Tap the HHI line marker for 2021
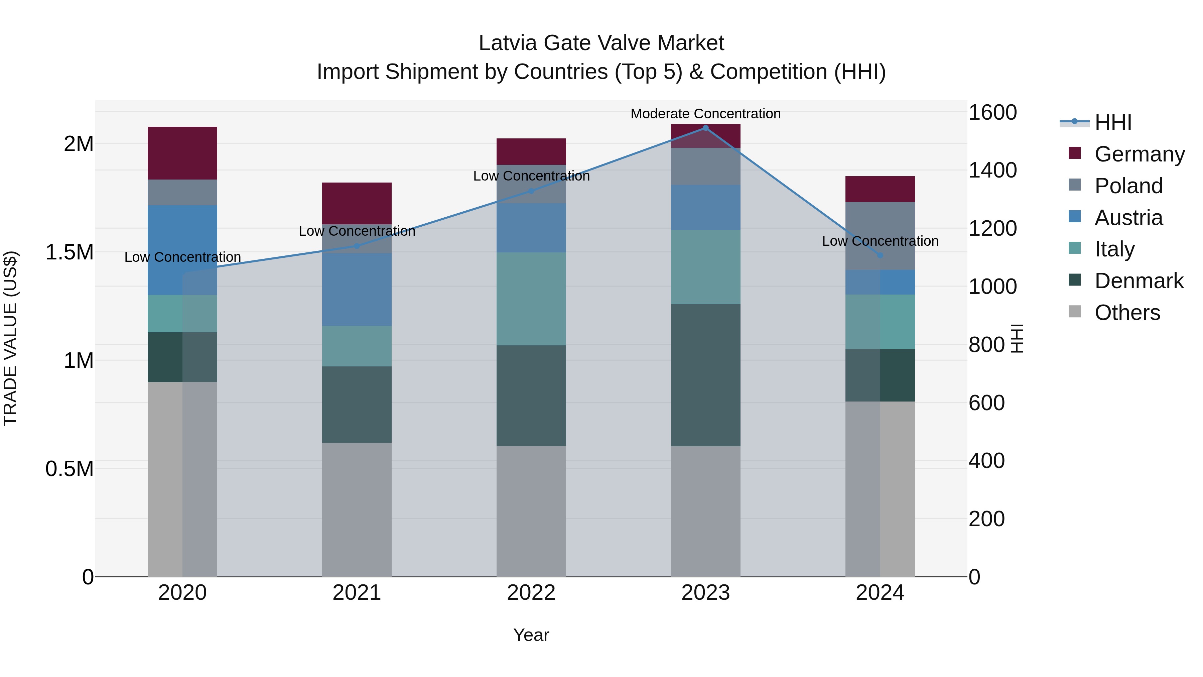(357, 246)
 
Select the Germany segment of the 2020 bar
(182, 153)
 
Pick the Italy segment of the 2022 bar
(531, 299)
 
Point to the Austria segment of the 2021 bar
(357, 290)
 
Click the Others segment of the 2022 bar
(531, 511)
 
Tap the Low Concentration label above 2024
(880, 241)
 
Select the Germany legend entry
(1140, 154)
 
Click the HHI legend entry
(1113, 122)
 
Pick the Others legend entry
(1127, 312)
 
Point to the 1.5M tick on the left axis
(69, 252)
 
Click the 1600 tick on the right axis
(992, 113)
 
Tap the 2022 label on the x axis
(531, 593)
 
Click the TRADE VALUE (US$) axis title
(10, 338)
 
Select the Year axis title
(531, 635)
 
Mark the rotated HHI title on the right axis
(1016, 338)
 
